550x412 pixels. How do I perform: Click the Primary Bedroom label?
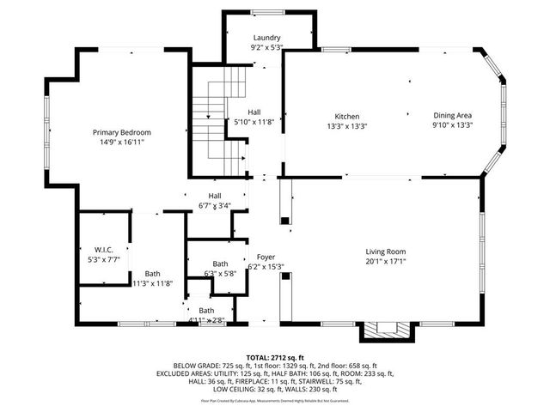pos(122,132)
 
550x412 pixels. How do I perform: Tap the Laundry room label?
pos(267,38)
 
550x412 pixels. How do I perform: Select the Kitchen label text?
pos(346,116)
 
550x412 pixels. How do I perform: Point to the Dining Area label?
pos(452,116)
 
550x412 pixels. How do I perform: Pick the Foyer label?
pos(266,257)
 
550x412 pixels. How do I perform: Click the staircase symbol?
pos(219,120)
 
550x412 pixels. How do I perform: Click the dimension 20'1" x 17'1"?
pos(385,262)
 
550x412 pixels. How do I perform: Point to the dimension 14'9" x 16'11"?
pos(122,142)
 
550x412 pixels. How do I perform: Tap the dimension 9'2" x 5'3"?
pos(267,48)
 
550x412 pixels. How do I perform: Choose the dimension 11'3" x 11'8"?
pos(152,283)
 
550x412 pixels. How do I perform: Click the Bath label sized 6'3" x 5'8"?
pos(221,264)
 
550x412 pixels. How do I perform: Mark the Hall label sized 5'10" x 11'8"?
pos(254,112)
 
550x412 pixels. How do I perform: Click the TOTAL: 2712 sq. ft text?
pos(275,357)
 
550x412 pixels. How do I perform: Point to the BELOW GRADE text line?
pos(275,366)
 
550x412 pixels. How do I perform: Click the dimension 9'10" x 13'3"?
pos(452,125)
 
